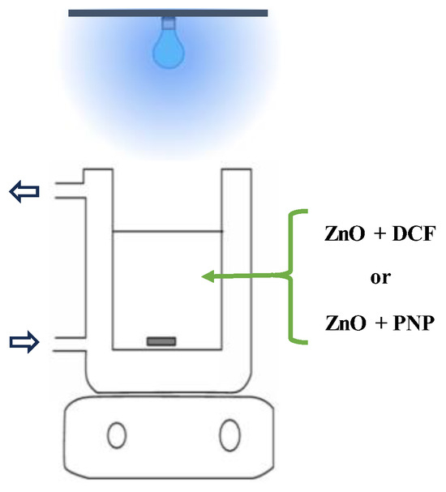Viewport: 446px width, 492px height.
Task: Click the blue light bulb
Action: click(x=168, y=49)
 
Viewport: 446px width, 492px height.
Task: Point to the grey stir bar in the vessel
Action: click(x=161, y=340)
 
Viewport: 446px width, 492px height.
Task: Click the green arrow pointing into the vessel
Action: click(x=243, y=278)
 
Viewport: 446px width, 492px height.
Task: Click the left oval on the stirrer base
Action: click(x=117, y=434)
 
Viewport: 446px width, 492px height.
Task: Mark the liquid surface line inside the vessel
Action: click(x=167, y=231)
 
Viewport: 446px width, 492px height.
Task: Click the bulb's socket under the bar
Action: click(x=168, y=22)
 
